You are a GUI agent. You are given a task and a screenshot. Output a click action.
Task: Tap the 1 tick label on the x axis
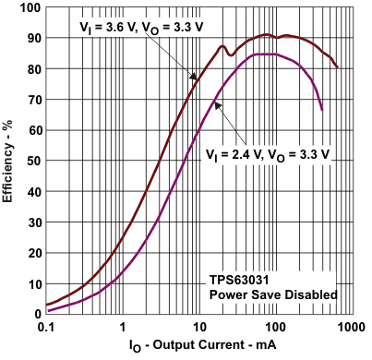[121, 327]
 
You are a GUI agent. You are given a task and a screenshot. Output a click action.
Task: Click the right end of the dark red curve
[338, 67]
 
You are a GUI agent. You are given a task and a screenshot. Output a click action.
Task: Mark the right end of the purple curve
[322, 110]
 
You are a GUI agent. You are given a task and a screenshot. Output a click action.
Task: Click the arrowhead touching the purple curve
[217, 105]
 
